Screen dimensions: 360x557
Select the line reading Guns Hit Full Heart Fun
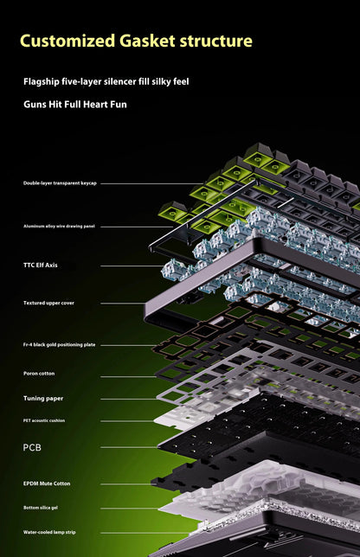click(x=75, y=105)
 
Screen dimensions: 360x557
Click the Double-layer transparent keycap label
click(x=60, y=183)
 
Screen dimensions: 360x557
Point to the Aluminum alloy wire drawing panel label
click(x=59, y=227)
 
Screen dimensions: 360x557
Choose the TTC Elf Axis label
click(x=40, y=265)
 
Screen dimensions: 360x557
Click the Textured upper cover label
click(x=48, y=303)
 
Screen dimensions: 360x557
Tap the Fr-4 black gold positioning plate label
click(x=60, y=344)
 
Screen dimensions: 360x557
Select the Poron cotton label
click(x=39, y=374)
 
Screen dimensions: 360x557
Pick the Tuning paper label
click(x=43, y=399)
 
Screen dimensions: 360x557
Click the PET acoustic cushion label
click(x=44, y=420)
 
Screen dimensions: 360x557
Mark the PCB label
click(x=32, y=448)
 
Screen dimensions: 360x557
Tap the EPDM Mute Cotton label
click(x=47, y=483)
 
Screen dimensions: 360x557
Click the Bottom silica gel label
click(x=41, y=508)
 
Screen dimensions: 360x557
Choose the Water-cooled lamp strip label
click(x=49, y=532)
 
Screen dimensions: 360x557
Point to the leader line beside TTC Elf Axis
click(x=132, y=266)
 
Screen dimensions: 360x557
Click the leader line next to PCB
click(x=131, y=447)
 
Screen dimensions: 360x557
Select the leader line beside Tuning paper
click(x=129, y=399)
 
